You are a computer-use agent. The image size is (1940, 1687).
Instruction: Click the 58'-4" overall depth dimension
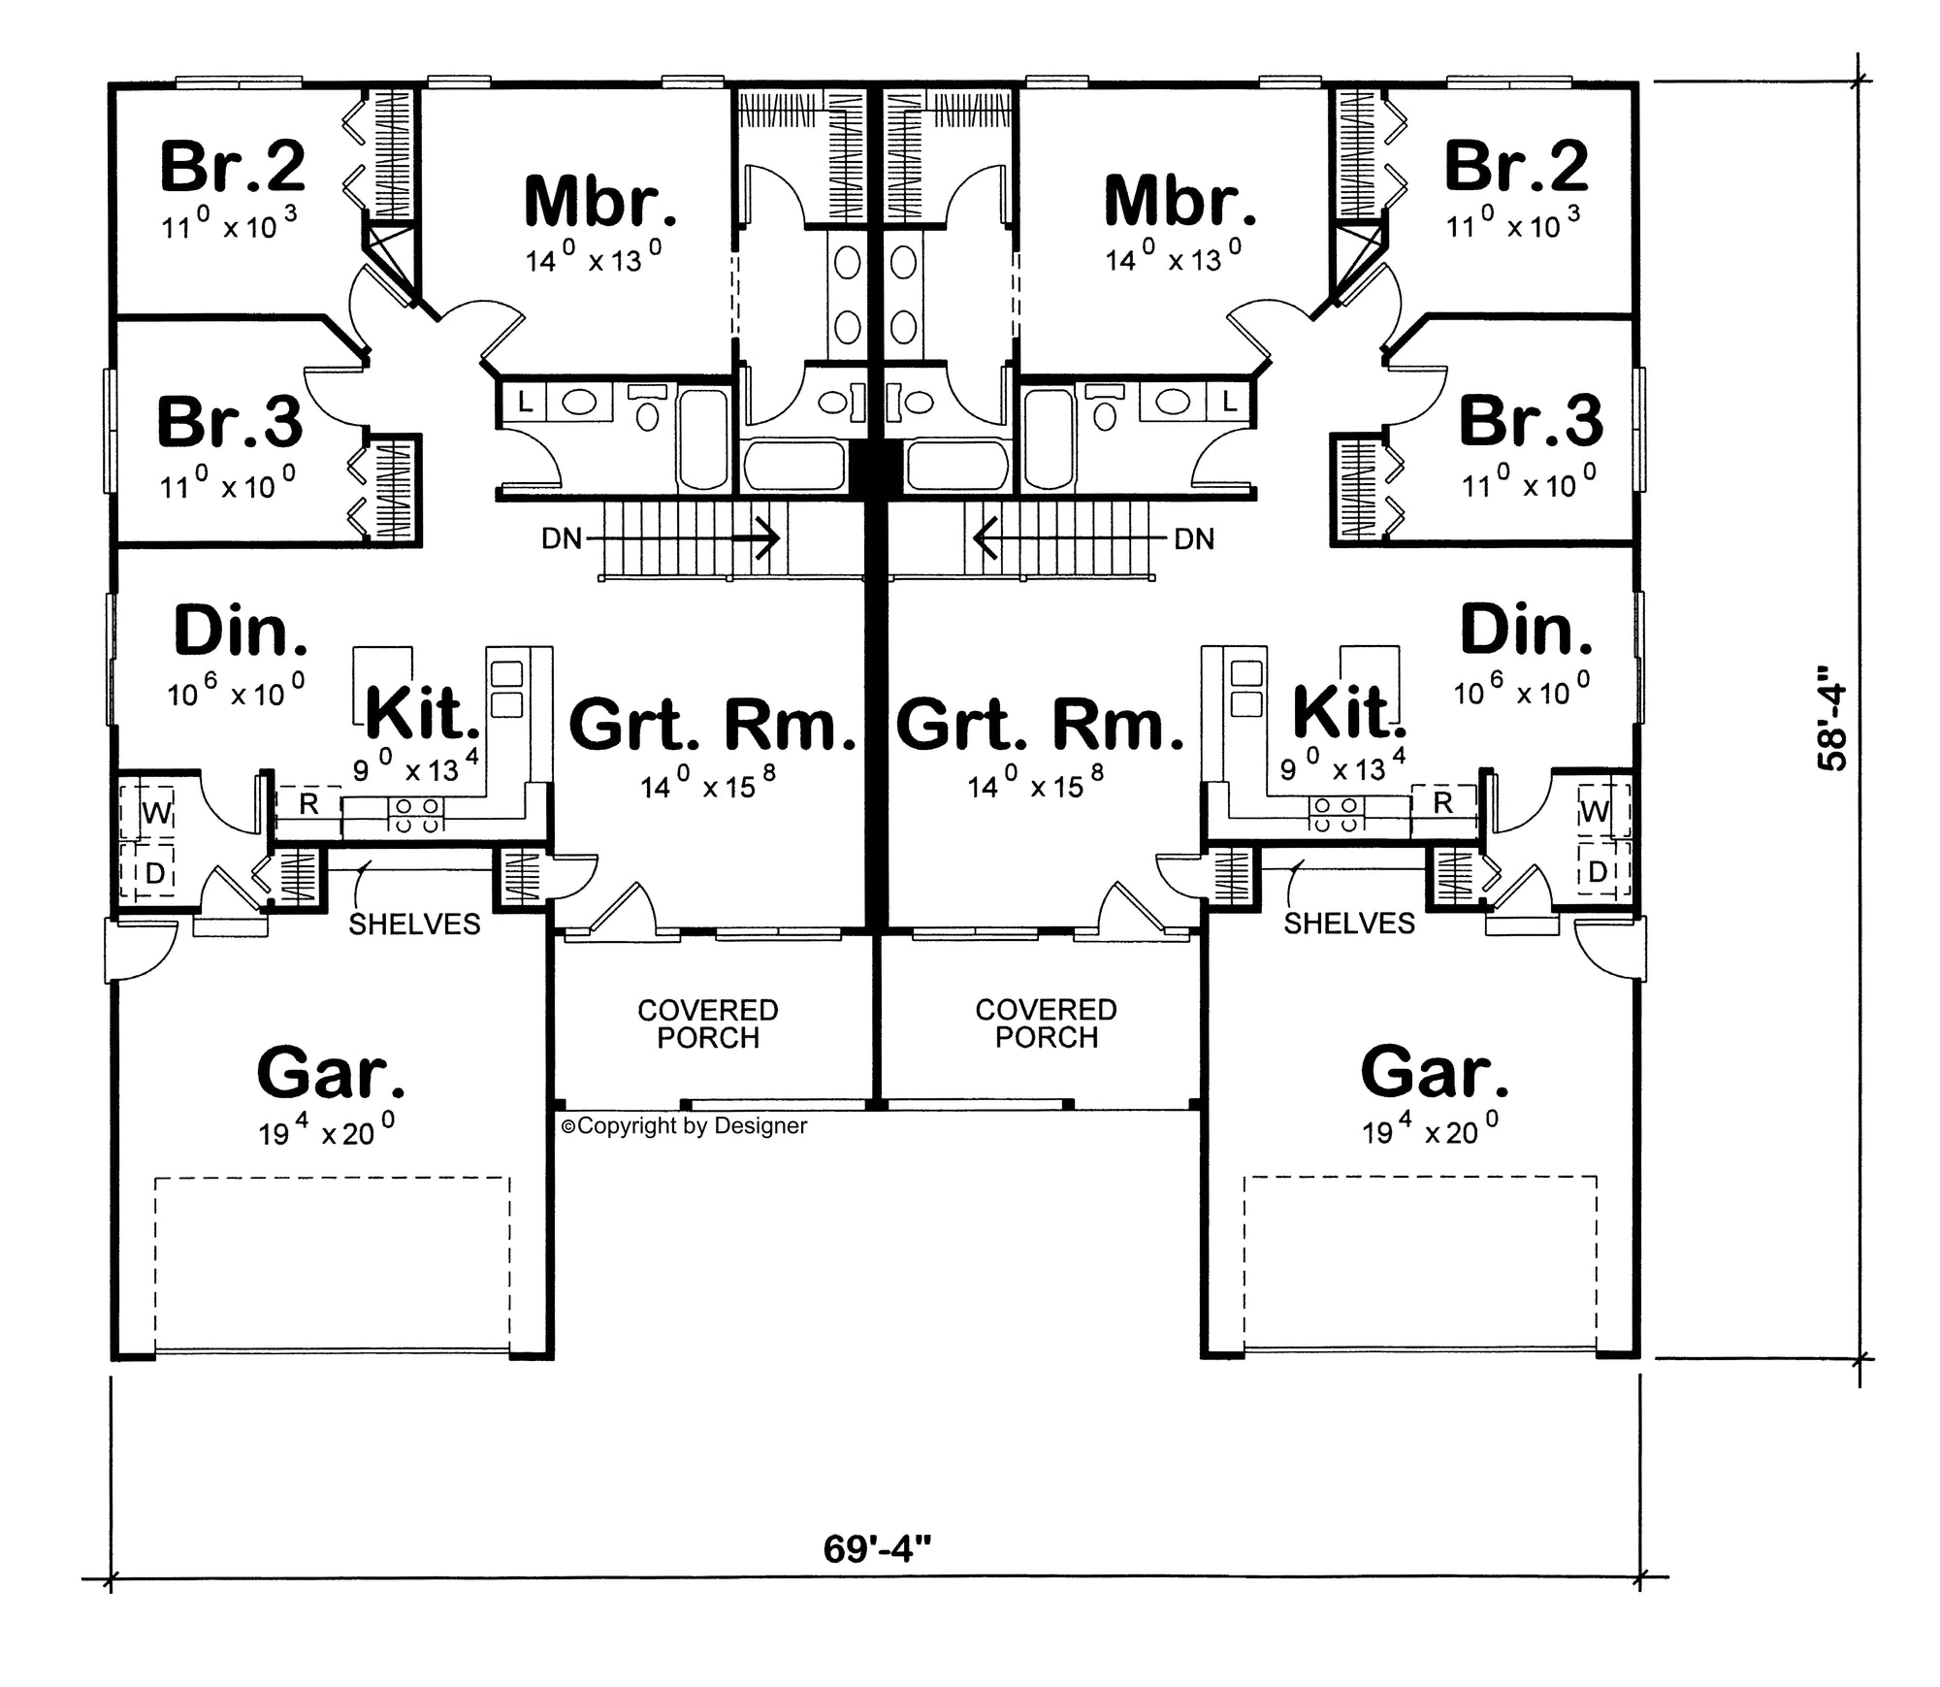[x=1832, y=718]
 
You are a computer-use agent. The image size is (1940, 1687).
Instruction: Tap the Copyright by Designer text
[x=685, y=1126]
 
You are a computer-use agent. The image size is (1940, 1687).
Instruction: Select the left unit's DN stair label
[x=562, y=538]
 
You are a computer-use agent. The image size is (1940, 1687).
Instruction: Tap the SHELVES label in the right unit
[x=1349, y=924]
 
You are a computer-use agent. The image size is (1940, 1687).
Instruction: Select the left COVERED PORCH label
[x=708, y=1024]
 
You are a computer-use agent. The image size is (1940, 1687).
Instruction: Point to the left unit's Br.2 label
[x=233, y=166]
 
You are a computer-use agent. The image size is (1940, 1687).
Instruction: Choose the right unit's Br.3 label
[x=1531, y=421]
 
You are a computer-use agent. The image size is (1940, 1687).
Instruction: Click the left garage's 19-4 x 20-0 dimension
[x=326, y=1130]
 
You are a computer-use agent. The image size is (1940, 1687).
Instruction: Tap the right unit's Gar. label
[x=1435, y=1073]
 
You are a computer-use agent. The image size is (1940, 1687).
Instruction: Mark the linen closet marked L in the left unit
[x=525, y=402]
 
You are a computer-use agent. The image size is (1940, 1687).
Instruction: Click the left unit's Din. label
[x=242, y=631]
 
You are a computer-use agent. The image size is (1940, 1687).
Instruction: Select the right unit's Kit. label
[x=1349, y=713]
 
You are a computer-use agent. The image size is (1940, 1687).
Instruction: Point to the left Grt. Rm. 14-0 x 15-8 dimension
[x=708, y=784]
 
